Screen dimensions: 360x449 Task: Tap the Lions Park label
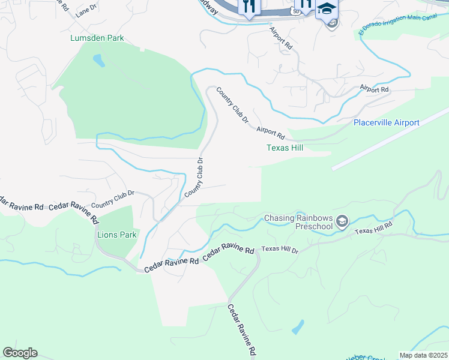(117, 235)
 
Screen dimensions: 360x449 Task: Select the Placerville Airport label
(386, 122)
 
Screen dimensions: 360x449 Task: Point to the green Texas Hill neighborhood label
(285, 148)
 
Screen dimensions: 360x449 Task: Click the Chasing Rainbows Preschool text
(298, 223)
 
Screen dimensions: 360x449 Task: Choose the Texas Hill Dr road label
(280, 248)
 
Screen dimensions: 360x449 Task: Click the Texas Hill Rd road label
(373, 228)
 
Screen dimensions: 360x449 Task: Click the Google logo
(20, 353)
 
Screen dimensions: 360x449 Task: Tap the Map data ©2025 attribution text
(423, 355)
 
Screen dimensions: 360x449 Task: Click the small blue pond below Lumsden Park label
(98, 61)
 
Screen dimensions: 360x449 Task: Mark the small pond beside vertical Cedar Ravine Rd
(297, 327)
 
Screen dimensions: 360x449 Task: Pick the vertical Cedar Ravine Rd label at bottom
(242, 329)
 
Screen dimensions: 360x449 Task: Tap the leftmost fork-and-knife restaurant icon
(249, 6)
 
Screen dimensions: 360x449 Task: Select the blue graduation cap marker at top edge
(327, 8)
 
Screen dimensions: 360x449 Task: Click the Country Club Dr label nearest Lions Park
(112, 199)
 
